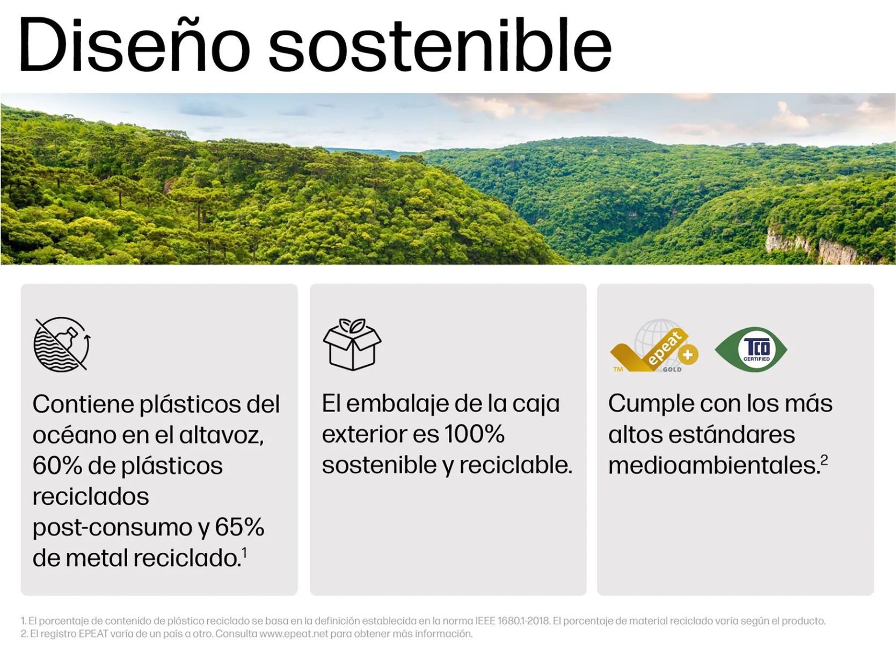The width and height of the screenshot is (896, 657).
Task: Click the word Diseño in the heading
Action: click(x=134, y=45)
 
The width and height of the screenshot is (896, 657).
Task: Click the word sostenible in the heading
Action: click(x=440, y=45)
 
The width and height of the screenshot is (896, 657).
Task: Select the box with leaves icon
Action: click(x=352, y=344)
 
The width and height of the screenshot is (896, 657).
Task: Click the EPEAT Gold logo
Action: click(x=654, y=346)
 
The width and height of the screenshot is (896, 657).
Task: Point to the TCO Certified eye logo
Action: click(x=751, y=350)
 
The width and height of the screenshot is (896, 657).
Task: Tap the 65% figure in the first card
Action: click(x=239, y=528)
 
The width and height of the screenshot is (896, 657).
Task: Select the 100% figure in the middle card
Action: click(x=475, y=434)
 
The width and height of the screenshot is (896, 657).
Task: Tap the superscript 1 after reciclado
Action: click(x=244, y=554)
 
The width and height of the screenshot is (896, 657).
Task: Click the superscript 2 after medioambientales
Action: click(x=824, y=461)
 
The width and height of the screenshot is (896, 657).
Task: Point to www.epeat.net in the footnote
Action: click(x=294, y=634)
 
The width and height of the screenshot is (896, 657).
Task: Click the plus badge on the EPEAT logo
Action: click(x=688, y=355)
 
